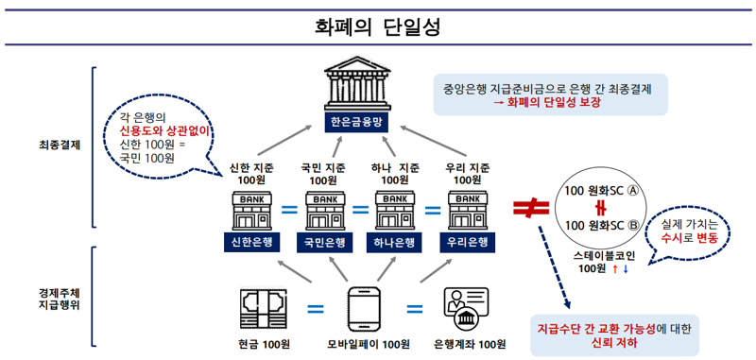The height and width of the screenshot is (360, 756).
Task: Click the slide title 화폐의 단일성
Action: click(378, 26)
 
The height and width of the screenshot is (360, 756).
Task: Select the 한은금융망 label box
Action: click(358, 123)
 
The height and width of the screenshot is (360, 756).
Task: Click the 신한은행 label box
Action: click(250, 241)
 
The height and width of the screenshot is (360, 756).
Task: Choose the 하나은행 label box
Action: click(397, 241)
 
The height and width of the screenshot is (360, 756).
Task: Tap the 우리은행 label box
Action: click(470, 241)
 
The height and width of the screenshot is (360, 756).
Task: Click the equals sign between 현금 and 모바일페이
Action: click(316, 308)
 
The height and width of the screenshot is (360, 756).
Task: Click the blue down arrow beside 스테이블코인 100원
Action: click(625, 268)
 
